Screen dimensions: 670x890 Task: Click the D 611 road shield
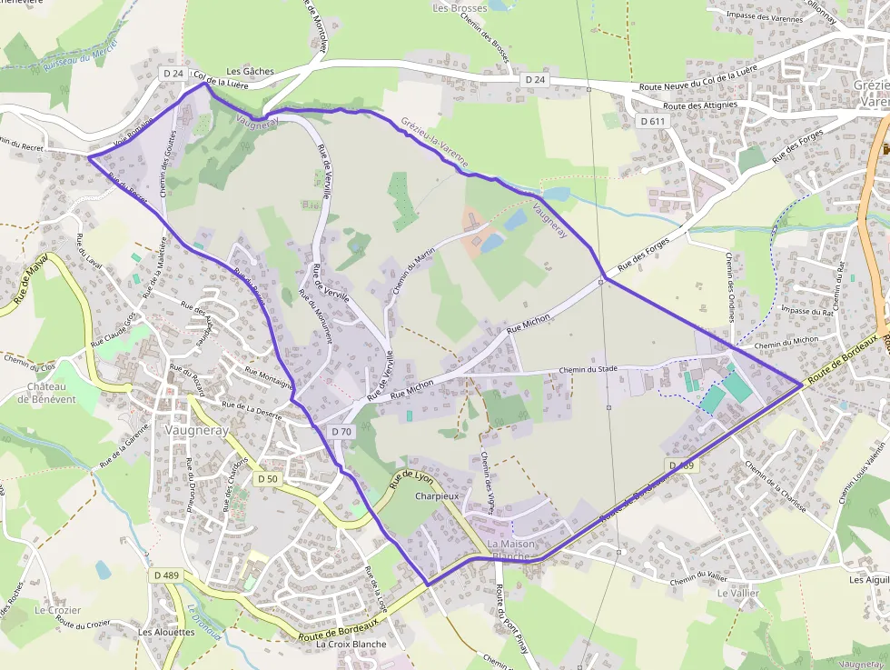[653, 121]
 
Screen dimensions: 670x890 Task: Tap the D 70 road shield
[341, 432]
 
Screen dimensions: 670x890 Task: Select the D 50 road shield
[267, 478]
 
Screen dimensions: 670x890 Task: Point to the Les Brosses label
[460, 8]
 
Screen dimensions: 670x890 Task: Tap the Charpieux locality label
[432, 497]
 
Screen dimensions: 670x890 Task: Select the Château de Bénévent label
[51, 393]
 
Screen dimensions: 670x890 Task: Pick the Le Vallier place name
[737, 593]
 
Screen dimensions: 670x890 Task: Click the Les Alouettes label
[166, 632]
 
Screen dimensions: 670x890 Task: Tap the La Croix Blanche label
[351, 644]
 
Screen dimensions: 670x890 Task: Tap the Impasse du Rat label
[807, 311]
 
